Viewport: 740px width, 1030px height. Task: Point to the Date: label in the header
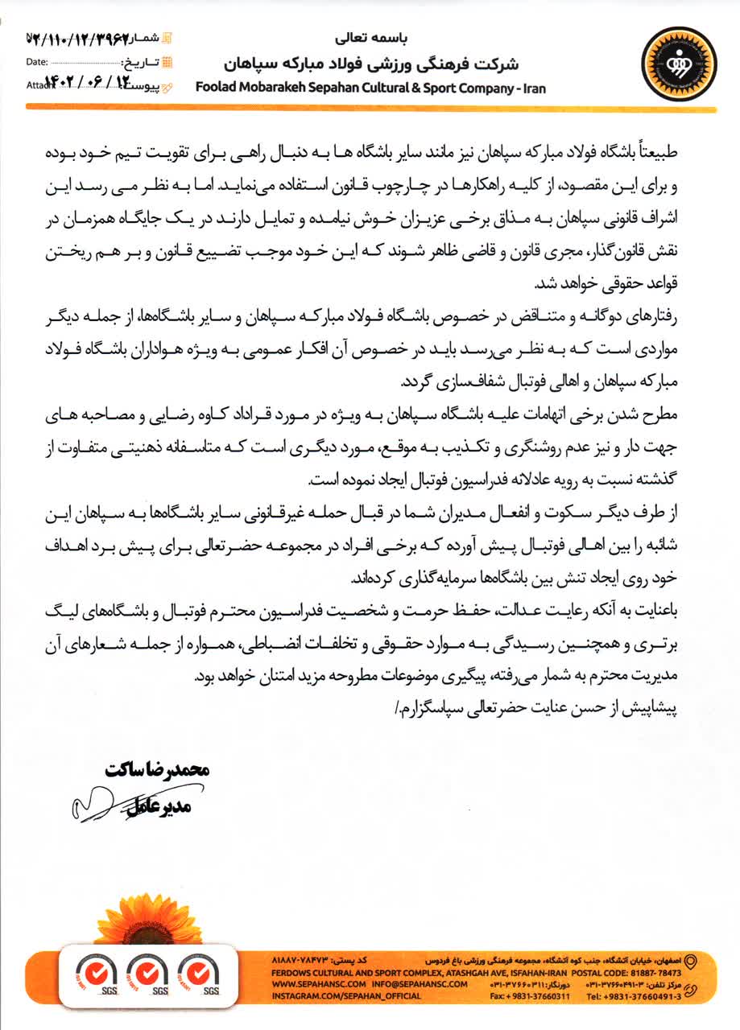click(37, 61)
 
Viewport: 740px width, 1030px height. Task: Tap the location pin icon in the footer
click(688, 961)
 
